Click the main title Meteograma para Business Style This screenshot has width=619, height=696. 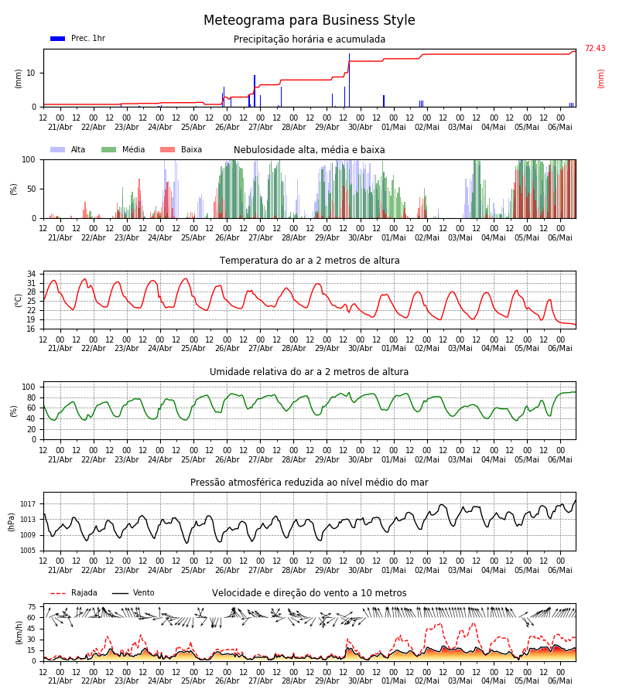309,20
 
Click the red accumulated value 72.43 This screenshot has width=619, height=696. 595,49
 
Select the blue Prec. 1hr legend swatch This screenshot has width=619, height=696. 58,39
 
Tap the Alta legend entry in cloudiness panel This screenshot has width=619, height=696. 68,149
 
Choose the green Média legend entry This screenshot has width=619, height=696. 123,149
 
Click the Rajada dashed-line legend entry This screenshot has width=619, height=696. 74,593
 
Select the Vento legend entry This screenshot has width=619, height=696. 133,593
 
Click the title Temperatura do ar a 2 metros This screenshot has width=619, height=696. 309,261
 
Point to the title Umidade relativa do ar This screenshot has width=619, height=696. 309,371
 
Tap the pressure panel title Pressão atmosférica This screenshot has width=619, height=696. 309,483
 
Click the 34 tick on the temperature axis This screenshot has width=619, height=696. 32,274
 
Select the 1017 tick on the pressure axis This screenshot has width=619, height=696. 28,504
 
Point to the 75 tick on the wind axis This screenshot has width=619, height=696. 32,607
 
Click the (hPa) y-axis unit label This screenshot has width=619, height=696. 12,522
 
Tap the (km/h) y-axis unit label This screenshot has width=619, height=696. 19,633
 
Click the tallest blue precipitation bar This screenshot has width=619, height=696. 349,80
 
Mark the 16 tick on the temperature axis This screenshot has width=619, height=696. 32,329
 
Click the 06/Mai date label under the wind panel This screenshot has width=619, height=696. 560,681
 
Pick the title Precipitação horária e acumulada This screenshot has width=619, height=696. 309,39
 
